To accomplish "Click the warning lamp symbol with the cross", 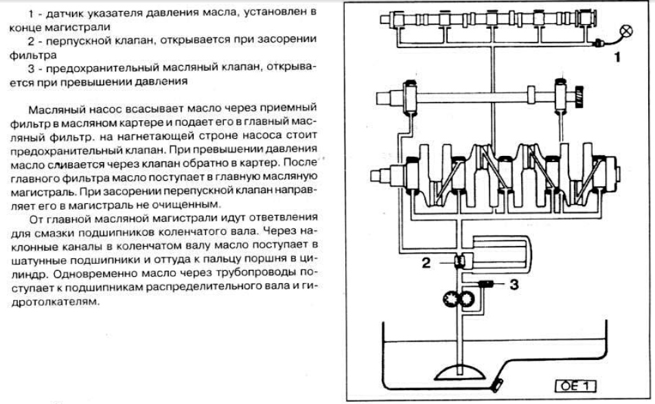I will point(627,31).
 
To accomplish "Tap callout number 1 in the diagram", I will point(617,58).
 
